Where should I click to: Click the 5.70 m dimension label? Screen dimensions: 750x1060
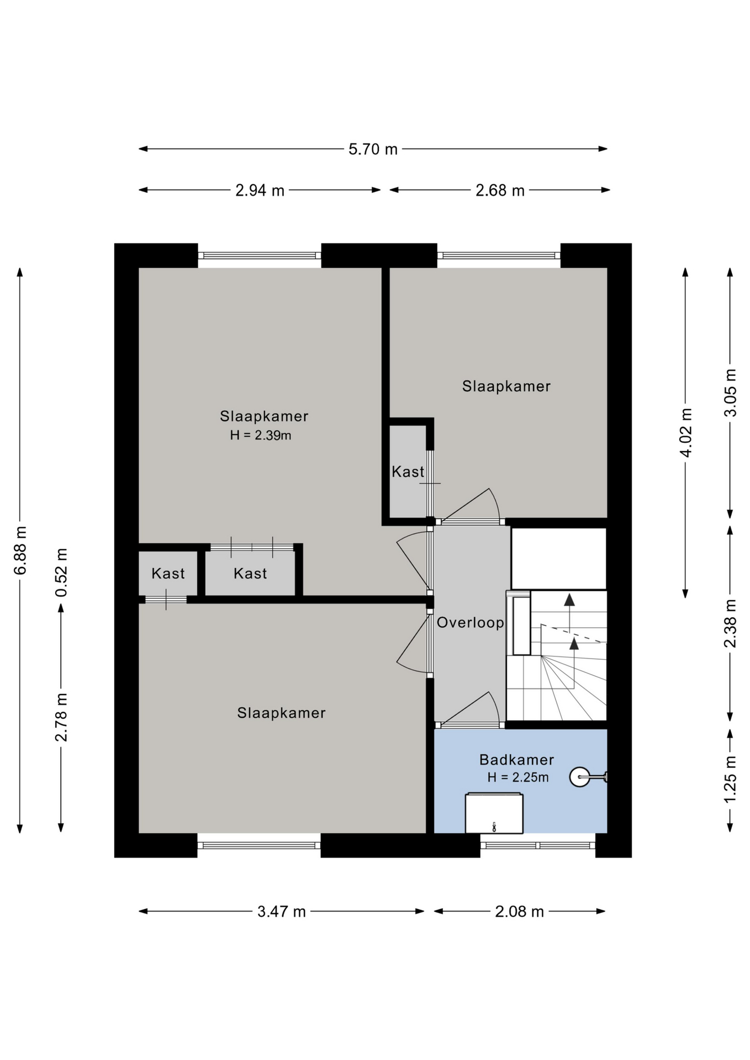point(373,149)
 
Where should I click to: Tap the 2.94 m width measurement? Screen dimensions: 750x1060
point(260,190)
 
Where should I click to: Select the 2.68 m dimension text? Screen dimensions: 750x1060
point(500,190)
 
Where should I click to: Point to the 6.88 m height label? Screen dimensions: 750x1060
point(20,550)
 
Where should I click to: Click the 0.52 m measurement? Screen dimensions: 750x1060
point(61,573)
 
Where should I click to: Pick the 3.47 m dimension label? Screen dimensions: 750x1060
point(282,911)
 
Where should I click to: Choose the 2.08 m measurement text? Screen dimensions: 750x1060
point(519,911)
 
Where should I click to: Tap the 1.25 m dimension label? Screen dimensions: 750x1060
point(731,779)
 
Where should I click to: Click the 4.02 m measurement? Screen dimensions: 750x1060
point(686,433)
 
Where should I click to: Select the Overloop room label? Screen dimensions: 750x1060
point(471,623)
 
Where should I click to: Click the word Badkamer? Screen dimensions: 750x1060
point(516,760)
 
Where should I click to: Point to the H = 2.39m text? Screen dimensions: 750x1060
point(261,435)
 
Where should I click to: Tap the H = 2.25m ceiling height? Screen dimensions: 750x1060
point(518,777)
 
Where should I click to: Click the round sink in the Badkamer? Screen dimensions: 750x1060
point(579,777)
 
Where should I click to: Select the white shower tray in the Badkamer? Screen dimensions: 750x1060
point(494,813)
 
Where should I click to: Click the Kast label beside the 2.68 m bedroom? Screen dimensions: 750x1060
point(408,471)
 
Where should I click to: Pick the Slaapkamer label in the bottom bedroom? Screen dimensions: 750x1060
point(282,713)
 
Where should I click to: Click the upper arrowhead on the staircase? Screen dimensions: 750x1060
point(569,600)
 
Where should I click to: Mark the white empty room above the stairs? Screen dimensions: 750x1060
point(559,559)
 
